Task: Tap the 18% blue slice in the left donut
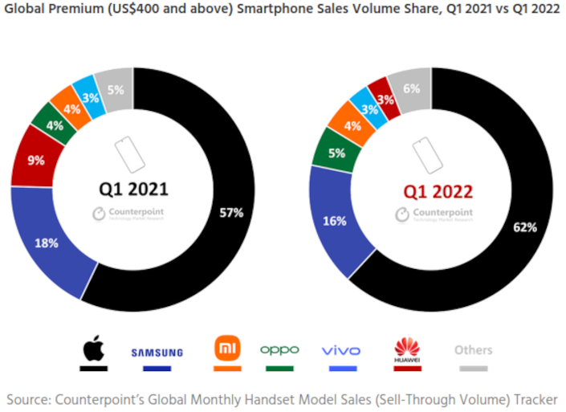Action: (47, 243)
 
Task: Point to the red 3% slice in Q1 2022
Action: (385, 99)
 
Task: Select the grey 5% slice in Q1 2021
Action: (115, 90)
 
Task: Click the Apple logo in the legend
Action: (92, 349)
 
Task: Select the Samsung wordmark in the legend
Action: (157, 352)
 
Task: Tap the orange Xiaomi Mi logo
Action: (227, 349)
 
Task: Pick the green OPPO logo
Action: (279, 350)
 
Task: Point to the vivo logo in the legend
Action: (340, 351)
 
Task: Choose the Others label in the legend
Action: (473, 350)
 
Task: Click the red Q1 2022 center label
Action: (438, 190)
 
